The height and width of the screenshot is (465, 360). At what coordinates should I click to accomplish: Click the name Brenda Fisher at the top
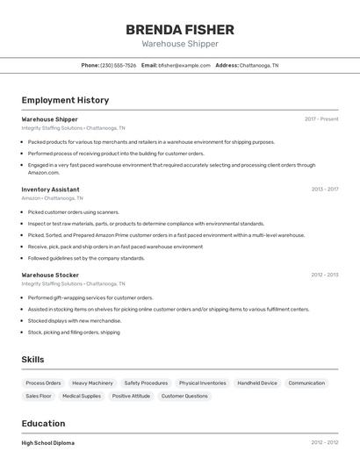coord(179,29)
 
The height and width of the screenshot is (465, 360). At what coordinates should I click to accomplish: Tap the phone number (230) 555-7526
coord(118,65)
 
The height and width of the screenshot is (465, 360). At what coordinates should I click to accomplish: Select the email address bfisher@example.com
coord(184,65)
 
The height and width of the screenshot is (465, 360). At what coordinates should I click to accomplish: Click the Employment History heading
coord(65,100)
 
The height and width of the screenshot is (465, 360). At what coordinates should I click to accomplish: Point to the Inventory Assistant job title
coord(50,189)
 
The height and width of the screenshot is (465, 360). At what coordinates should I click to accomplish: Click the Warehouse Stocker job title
coord(50,275)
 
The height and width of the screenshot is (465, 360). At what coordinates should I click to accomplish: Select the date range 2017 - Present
coord(321,119)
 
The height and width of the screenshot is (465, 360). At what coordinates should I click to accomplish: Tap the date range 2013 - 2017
coord(324,189)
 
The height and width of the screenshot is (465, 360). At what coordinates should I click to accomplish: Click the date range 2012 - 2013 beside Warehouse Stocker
coord(324,275)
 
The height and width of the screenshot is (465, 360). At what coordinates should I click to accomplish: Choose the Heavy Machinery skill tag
coord(92,383)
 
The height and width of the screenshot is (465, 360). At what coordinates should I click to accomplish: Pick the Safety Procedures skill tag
coord(146,383)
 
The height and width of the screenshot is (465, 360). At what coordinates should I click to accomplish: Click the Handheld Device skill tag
coord(257,383)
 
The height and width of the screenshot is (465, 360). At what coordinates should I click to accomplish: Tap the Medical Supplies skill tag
coord(81,396)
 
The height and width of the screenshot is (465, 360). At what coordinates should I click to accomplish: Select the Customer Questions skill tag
coord(184,396)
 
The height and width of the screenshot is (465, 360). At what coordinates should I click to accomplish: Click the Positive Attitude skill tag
coord(131,396)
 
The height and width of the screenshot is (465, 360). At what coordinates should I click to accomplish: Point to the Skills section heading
coord(33,360)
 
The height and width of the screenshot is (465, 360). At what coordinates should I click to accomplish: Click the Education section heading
coord(43,423)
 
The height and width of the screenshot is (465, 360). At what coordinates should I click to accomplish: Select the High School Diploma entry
coord(47,443)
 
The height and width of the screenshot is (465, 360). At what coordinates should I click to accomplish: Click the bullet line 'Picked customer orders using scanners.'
coord(73,211)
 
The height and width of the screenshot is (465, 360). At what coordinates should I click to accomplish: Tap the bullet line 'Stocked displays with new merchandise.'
coord(74,320)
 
